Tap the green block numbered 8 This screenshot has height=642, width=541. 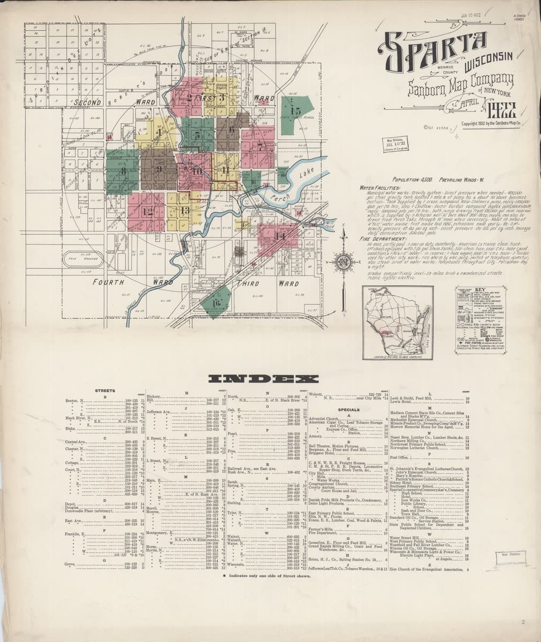[124, 171]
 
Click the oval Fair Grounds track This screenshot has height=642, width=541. [85, 261]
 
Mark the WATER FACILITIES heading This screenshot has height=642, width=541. [380, 188]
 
